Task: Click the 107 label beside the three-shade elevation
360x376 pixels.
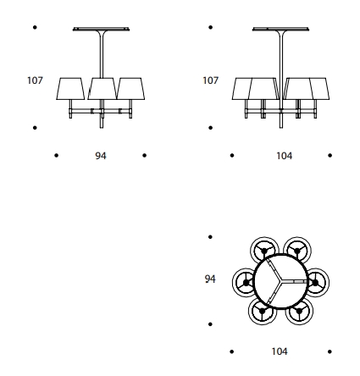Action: tap(35, 80)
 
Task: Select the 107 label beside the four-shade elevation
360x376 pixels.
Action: tap(210, 80)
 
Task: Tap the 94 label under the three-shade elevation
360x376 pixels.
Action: tap(101, 156)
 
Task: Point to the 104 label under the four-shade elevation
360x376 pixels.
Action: tap(284, 156)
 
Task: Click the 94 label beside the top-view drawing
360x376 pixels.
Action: tap(210, 279)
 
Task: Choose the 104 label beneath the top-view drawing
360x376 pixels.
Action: tap(280, 351)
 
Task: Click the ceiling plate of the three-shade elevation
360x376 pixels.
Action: tap(101, 29)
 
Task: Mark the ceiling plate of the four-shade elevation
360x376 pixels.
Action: tap(280, 29)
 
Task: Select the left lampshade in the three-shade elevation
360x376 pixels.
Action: tap(70, 89)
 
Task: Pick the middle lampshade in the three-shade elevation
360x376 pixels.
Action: tap(102, 89)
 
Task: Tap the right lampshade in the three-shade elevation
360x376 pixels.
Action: tap(130, 89)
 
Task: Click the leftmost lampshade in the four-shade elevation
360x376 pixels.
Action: tap(241, 89)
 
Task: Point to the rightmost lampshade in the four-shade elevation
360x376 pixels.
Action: tap(320, 89)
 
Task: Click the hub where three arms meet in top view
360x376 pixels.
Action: tap(280, 281)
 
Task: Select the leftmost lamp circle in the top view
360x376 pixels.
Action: tap(245, 282)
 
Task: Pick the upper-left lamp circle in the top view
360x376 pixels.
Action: tap(264, 250)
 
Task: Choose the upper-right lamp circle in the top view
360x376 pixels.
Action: tap(297, 250)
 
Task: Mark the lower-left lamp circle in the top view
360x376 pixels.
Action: tap(263, 311)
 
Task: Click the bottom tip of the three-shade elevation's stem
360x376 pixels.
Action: tap(102, 128)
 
